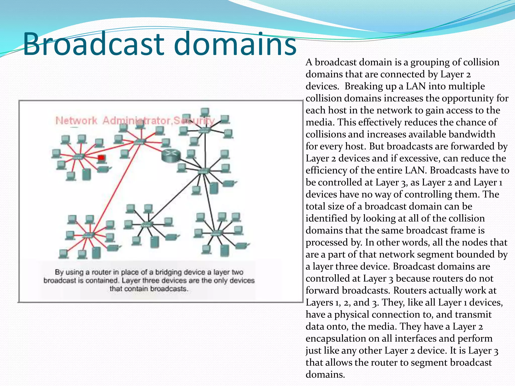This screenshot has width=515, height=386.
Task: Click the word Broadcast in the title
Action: coord(93,44)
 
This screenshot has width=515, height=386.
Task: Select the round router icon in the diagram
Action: coord(171,155)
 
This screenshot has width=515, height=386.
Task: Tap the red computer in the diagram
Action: coord(101,158)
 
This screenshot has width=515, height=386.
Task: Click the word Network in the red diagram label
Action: coord(76,121)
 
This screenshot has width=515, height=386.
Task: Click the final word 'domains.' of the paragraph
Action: coord(325,375)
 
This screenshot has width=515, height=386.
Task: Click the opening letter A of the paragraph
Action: coord(309,62)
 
